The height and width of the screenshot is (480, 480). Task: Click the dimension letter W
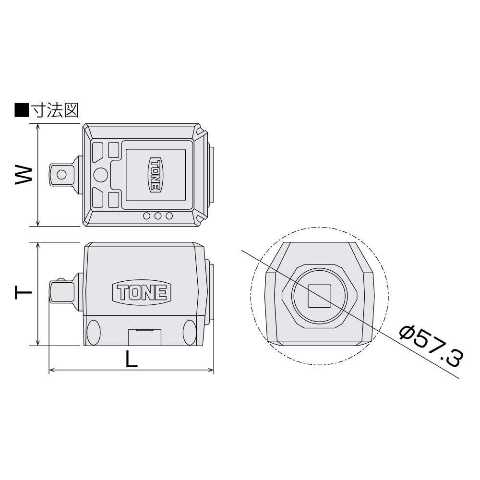point(24,175)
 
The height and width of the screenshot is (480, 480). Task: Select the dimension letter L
point(132,359)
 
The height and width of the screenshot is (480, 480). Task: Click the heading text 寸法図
point(56,110)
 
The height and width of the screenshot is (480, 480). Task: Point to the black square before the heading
point(22,110)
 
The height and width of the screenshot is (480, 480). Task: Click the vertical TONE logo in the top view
point(155,175)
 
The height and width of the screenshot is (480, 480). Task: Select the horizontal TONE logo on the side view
point(142,293)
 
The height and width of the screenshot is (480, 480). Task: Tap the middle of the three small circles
point(158,216)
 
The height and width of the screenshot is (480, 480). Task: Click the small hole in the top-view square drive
point(61,175)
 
